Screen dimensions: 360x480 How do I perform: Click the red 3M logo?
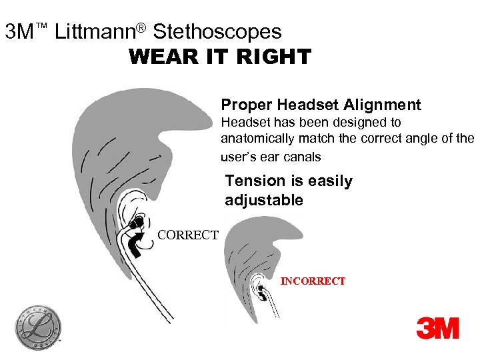pyautogui.click(x=438, y=328)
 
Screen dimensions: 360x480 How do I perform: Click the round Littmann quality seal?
pyautogui.click(x=38, y=327)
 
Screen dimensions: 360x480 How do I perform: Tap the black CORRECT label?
pyautogui.click(x=187, y=235)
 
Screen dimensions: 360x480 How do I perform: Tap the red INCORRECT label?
pyautogui.click(x=313, y=281)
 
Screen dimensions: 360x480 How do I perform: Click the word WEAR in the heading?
pyautogui.click(x=157, y=57)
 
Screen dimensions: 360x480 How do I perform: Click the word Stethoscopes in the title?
pyautogui.click(x=217, y=31)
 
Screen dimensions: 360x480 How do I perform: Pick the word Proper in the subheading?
pyautogui.click(x=247, y=105)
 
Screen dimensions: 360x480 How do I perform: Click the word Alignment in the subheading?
pyautogui.click(x=383, y=105)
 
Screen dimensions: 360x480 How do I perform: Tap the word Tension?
pyautogui.click(x=255, y=181)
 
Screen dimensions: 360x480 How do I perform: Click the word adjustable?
pyautogui.click(x=264, y=201)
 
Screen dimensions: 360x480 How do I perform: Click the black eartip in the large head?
pyautogui.click(x=139, y=223)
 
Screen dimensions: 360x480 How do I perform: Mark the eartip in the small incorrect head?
pyautogui.click(x=261, y=288)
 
